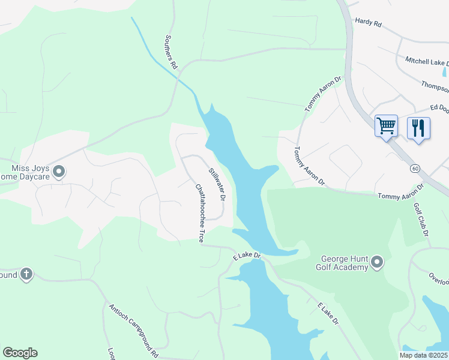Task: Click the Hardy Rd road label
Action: (369, 22)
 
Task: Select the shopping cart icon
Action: (386, 126)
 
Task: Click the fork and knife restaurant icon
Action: (418, 127)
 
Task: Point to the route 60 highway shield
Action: (415, 169)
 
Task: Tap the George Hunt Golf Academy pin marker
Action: (377, 262)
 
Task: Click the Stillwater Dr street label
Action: (217, 184)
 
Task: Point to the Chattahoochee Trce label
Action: (200, 213)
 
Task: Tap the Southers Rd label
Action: (171, 51)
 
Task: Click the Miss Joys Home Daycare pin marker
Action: (59, 173)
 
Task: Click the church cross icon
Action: (26, 274)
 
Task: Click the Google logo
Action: (20, 353)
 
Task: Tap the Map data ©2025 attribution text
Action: (423, 355)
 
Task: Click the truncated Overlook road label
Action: (438, 279)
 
